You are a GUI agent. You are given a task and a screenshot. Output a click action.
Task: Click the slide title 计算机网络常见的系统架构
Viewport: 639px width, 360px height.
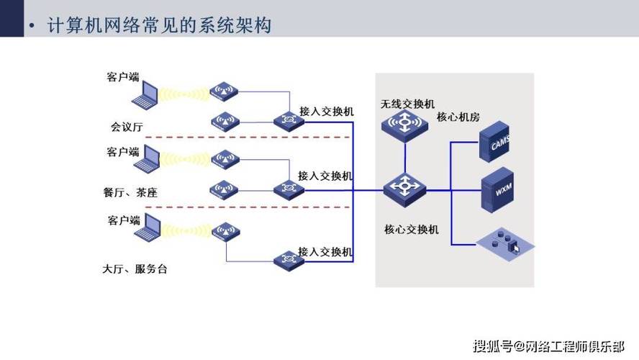[x=158, y=27]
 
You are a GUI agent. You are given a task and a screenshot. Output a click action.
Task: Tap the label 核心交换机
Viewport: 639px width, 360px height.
[x=411, y=230]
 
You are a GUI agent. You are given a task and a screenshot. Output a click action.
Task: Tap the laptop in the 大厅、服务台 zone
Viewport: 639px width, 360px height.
[x=149, y=227]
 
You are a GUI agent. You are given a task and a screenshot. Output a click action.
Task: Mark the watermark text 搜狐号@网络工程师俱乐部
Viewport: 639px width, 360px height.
[x=549, y=346]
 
